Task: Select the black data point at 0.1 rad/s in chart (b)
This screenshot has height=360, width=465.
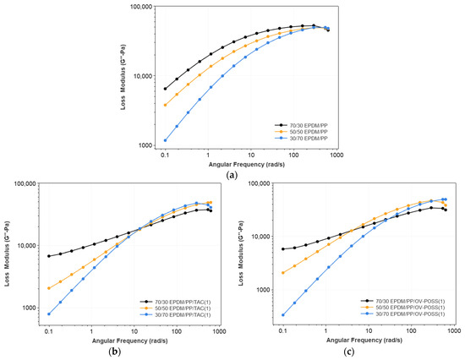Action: tap(49, 256)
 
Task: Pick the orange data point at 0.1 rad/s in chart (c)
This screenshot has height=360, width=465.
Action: tap(282, 273)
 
